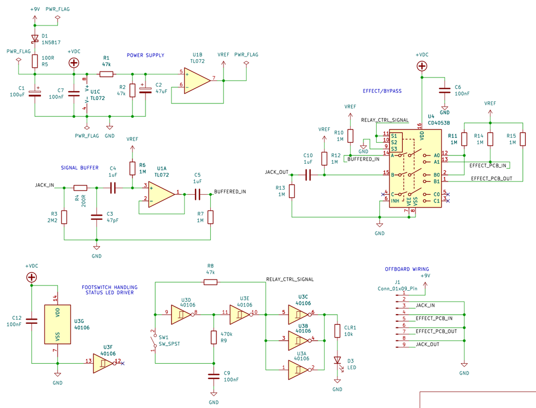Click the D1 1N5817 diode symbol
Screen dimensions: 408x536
pyautogui.click(x=35, y=38)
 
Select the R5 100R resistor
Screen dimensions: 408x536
pyautogui.click(x=35, y=61)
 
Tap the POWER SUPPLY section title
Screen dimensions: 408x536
pyautogui.click(x=145, y=55)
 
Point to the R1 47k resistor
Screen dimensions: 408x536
pyautogui.click(x=106, y=74)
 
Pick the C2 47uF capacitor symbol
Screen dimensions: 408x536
pyautogui.click(x=145, y=90)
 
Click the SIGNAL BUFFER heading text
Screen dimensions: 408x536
pyautogui.click(x=80, y=168)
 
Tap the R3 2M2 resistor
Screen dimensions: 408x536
pyautogui.click(x=64, y=217)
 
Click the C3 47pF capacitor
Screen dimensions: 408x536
pyautogui.click(x=96, y=217)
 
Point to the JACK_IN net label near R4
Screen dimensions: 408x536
pyautogui.click(x=44, y=185)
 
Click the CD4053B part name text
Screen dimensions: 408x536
pyautogui.click(x=438, y=122)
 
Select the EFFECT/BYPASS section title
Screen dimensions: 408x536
pyautogui.click(x=382, y=91)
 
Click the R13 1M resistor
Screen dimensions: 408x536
pyautogui.click(x=291, y=191)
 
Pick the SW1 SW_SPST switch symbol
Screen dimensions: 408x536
pyautogui.click(x=155, y=341)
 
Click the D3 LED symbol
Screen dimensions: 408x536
pyautogui.click(x=337, y=360)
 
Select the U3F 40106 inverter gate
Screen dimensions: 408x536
pyautogui.click(x=105, y=363)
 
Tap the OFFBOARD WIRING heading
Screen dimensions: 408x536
pyautogui.click(x=406, y=269)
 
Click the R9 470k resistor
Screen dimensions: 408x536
pyautogui.click(x=214, y=337)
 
